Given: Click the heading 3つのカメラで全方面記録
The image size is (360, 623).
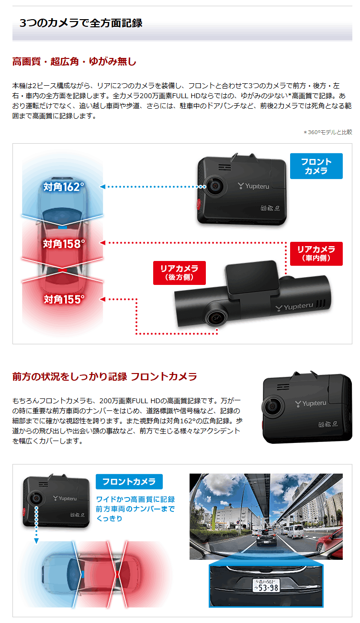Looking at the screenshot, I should click(81, 23).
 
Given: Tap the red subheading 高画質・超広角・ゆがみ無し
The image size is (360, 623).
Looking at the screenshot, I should click(74, 62).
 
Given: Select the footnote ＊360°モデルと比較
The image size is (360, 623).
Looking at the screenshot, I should click(327, 132).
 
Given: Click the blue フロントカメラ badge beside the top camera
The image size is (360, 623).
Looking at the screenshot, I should click(316, 166).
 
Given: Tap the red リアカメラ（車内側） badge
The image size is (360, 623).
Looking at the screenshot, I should click(316, 254).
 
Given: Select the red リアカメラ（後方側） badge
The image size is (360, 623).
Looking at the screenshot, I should click(179, 272).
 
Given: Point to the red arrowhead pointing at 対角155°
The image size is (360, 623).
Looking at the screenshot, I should click(102, 299).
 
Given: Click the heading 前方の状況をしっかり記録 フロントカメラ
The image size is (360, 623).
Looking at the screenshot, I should click(104, 376).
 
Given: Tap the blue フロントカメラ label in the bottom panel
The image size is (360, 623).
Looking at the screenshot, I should click(129, 481).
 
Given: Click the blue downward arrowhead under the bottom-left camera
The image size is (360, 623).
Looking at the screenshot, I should click(36, 541).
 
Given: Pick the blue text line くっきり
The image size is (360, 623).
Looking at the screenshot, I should click(109, 519).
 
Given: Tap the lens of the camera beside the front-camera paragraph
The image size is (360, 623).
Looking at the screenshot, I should click(270, 406).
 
